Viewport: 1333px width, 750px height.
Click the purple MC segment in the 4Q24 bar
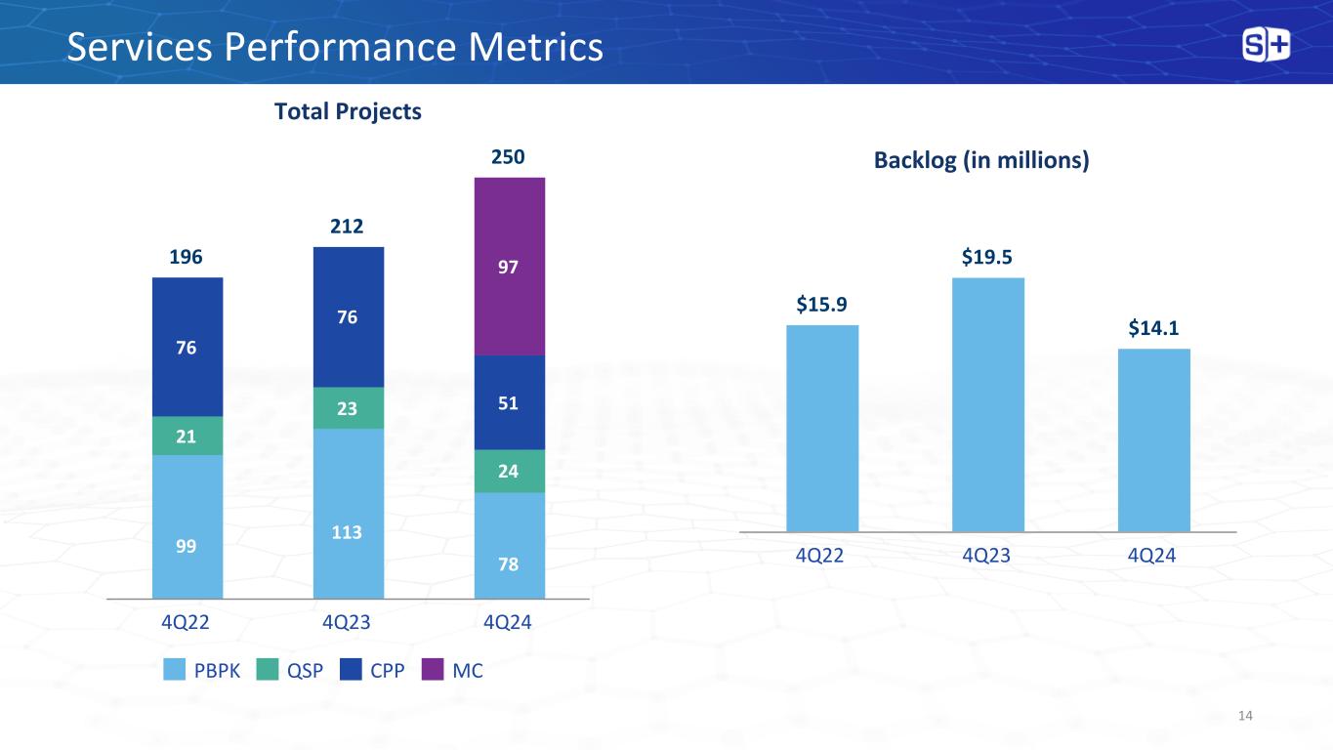point(509,266)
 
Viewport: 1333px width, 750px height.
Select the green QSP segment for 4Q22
point(187,436)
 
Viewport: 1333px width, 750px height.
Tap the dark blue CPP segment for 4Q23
point(349,316)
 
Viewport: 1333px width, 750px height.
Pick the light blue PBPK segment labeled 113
point(349,513)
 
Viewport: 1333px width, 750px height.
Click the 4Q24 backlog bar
point(1153,439)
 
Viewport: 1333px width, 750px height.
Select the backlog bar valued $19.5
point(987,404)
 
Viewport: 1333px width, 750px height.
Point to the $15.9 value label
point(821,307)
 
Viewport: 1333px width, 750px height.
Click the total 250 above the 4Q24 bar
point(509,157)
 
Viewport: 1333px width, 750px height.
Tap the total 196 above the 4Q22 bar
point(187,258)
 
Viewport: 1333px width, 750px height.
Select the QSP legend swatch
point(270,671)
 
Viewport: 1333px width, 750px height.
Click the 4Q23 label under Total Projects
point(349,621)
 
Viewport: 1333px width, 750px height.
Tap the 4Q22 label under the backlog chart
point(821,556)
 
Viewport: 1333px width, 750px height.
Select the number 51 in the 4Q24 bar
point(509,402)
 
